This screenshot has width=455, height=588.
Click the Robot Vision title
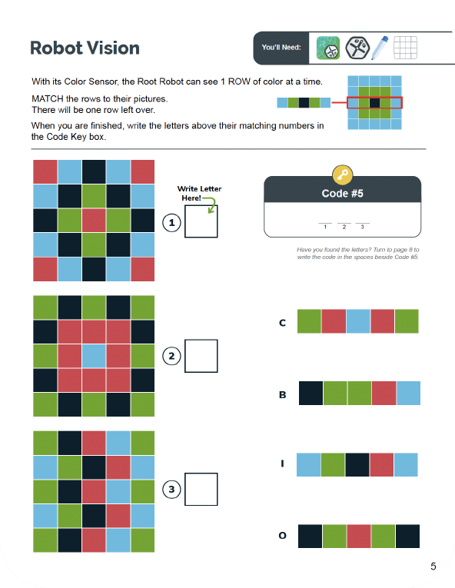click(85, 48)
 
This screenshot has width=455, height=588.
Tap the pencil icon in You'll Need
click(380, 48)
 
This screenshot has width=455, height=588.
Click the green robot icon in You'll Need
click(328, 48)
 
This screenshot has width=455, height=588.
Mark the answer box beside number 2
click(201, 355)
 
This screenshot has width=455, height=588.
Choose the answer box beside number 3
click(201, 489)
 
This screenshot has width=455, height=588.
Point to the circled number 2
click(172, 356)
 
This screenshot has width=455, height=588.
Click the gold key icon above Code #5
click(342, 174)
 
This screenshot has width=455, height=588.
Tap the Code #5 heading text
click(342, 194)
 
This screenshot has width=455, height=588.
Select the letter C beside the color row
click(282, 323)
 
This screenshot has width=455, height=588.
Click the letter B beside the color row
click(282, 395)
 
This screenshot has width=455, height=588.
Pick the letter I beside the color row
click(282, 464)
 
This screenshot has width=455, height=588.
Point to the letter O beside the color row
click(282, 536)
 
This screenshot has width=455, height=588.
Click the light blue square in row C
click(358, 321)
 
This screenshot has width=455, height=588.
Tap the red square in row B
click(384, 394)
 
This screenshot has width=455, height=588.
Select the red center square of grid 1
click(94, 221)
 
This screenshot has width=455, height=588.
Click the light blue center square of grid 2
click(94, 356)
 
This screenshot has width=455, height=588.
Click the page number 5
click(433, 567)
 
